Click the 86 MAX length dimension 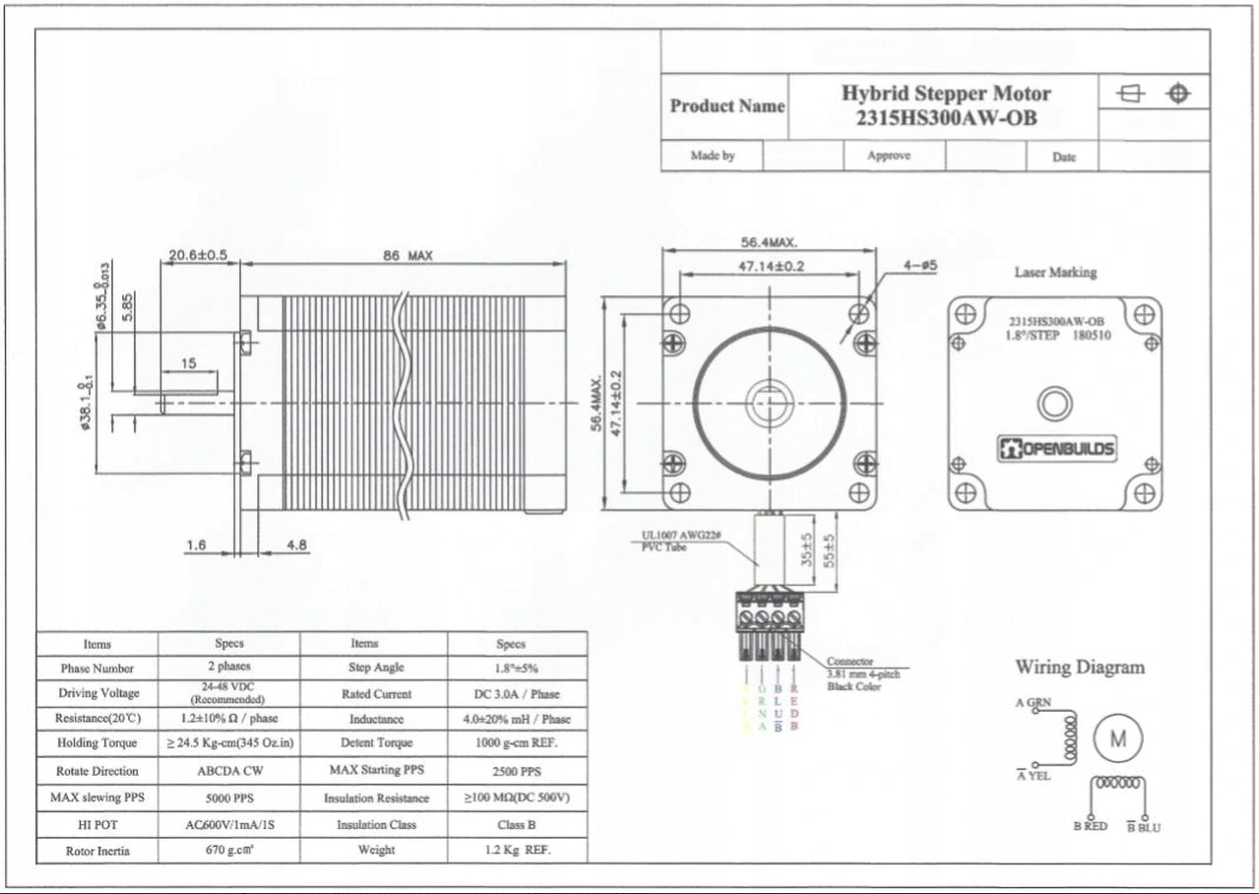coord(408,256)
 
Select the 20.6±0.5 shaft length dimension coord(198,255)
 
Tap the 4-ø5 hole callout coord(919,266)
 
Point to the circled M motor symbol coord(1119,739)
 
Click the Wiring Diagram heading coord(1080,668)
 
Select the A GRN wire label coord(1033,702)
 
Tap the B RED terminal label coord(1090,827)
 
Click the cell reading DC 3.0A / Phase coord(517,694)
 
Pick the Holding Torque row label coord(96,743)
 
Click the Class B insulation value coord(517,825)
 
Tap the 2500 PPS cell coord(517,772)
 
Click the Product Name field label coord(726,106)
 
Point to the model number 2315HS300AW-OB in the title coord(945,118)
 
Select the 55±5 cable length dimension coord(829,552)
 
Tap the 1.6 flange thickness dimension coord(195,544)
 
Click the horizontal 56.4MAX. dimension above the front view coord(769,242)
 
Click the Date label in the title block coord(1063,157)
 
